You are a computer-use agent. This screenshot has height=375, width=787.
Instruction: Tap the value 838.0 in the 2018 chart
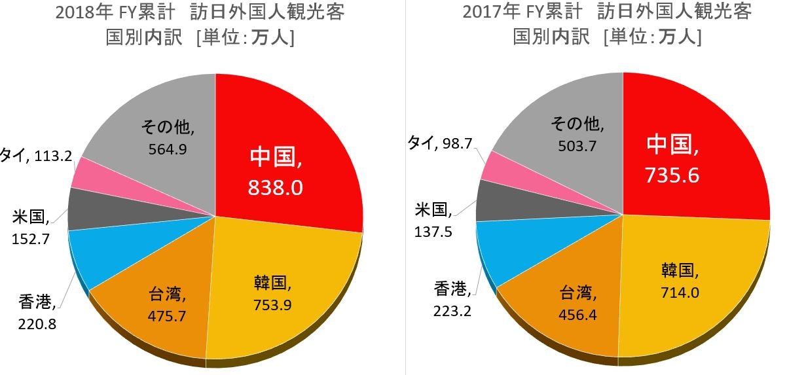[275, 188]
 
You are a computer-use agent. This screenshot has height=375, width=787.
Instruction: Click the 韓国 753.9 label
[272, 294]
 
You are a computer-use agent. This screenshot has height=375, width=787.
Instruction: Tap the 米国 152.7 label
[32, 226]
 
